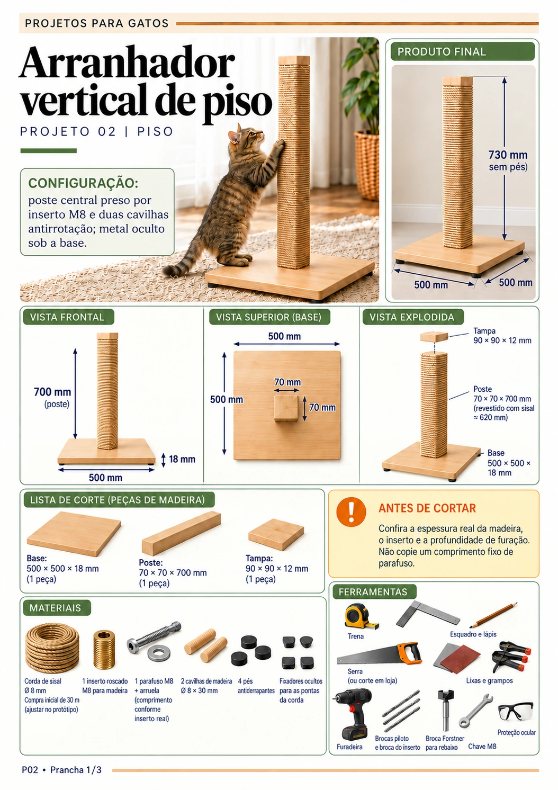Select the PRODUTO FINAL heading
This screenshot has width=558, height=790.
(442, 52)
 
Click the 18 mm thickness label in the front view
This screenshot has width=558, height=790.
(182, 459)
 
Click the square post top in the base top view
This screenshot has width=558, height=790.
(286, 408)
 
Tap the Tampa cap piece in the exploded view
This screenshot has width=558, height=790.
(434, 336)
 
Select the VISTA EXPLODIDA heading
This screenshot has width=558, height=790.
(412, 317)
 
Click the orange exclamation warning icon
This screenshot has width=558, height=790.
(351, 511)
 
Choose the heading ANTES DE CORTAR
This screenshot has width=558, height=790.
(427, 508)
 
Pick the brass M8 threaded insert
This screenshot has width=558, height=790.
(104, 649)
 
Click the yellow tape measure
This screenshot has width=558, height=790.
(361, 616)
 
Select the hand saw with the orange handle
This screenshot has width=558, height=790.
(379, 655)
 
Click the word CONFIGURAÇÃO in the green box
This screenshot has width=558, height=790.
(84, 183)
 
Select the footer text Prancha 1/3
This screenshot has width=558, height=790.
(76, 769)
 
